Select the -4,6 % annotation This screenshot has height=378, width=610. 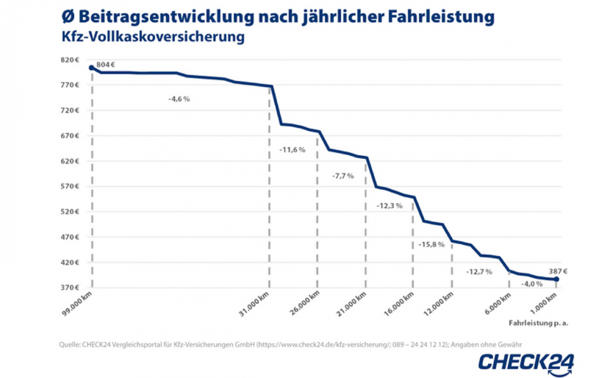[x=179, y=99]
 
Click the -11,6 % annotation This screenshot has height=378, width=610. [x=292, y=150]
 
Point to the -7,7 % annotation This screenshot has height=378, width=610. [x=342, y=176]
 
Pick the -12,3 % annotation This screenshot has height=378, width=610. [x=389, y=206]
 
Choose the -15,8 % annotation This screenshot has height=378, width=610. [x=431, y=244]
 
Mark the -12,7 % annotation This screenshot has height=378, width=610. [x=478, y=271]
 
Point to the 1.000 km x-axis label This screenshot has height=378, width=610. [x=544, y=303]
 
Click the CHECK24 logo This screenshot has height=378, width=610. [x=526, y=361]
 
